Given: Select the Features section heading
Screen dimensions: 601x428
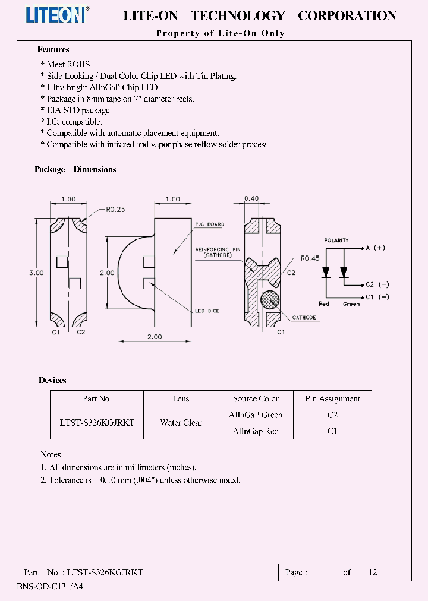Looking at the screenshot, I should click(x=53, y=50).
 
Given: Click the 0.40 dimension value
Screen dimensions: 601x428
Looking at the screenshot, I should click(x=251, y=198).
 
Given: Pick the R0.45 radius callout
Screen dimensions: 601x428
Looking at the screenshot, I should click(x=310, y=258).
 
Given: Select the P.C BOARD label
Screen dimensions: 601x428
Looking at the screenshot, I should click(x=210, y=224).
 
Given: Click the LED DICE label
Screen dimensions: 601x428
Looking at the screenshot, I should click(x=208, y=311).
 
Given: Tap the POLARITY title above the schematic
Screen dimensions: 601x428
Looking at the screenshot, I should click(x=336, y=241).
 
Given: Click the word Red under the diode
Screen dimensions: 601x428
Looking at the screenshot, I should click(x=323, y=304).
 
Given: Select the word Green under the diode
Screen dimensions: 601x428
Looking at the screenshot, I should click(x=352, y=304).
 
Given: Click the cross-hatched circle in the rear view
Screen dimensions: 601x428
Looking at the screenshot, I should click(x=270, y=300).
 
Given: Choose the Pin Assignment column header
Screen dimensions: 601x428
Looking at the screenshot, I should click(x=332, y=399).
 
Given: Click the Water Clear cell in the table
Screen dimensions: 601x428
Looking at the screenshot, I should click(x=181, y=423).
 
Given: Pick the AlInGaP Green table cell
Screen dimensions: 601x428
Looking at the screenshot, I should click(x=256, y=415).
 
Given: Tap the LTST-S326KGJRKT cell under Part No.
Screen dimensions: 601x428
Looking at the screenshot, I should click(x=97, y=423).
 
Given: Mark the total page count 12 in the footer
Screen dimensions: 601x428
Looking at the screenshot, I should click(x=373, y=572).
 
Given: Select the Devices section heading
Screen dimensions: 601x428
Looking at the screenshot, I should click(x=53, y=380).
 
